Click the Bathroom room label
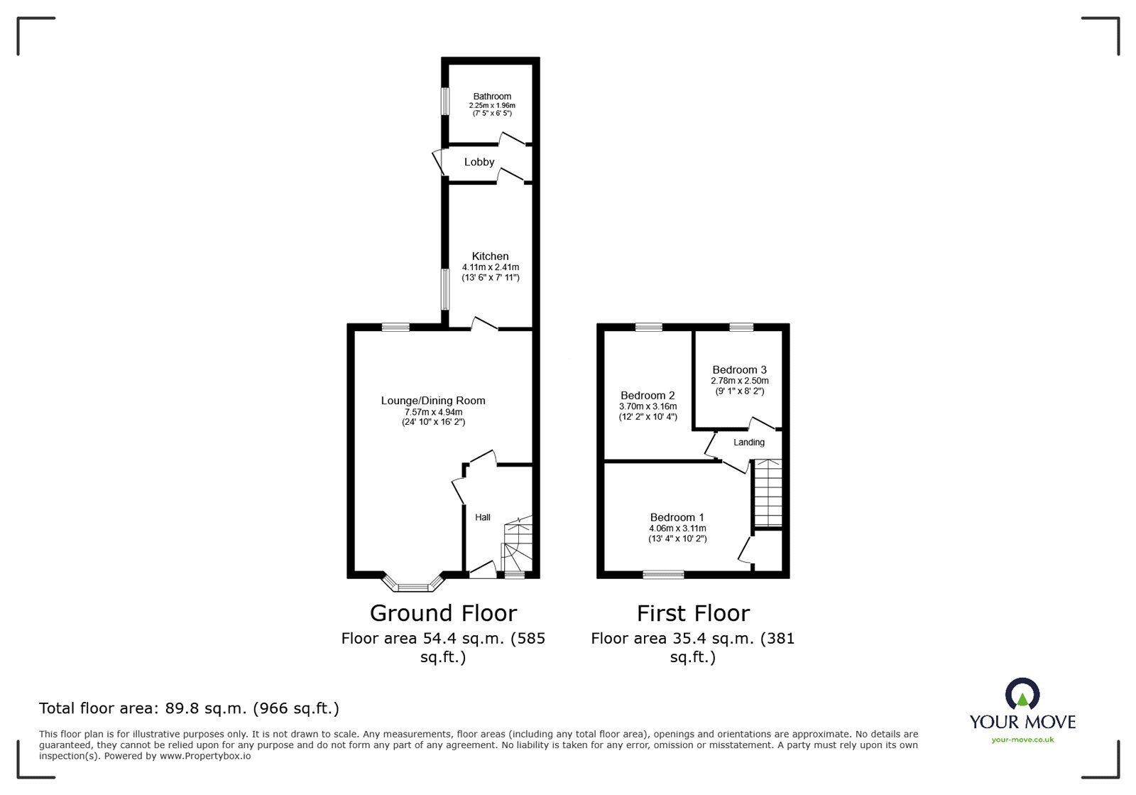[x=492, y=97]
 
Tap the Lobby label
[x=479, y=162]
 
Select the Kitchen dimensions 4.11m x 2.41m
[x=491, y=267]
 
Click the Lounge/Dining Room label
[x=433, y=401]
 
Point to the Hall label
[x=483, y=517]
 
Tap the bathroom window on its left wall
[x=445, y=100]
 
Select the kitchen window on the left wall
[x=445, y=288]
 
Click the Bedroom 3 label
[x=739, y=369]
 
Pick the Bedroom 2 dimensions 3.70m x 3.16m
[x=648, y=406]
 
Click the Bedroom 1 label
[x=677, y=517]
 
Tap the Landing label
[x=749, y=442]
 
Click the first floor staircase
[x=768, y=492]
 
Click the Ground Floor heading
[x=443, y=612]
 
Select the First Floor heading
[x=692, y=612]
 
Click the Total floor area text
[x=189, y=708]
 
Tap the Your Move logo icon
[x=1022, y=695]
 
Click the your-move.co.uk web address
[x=1022, y=740]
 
